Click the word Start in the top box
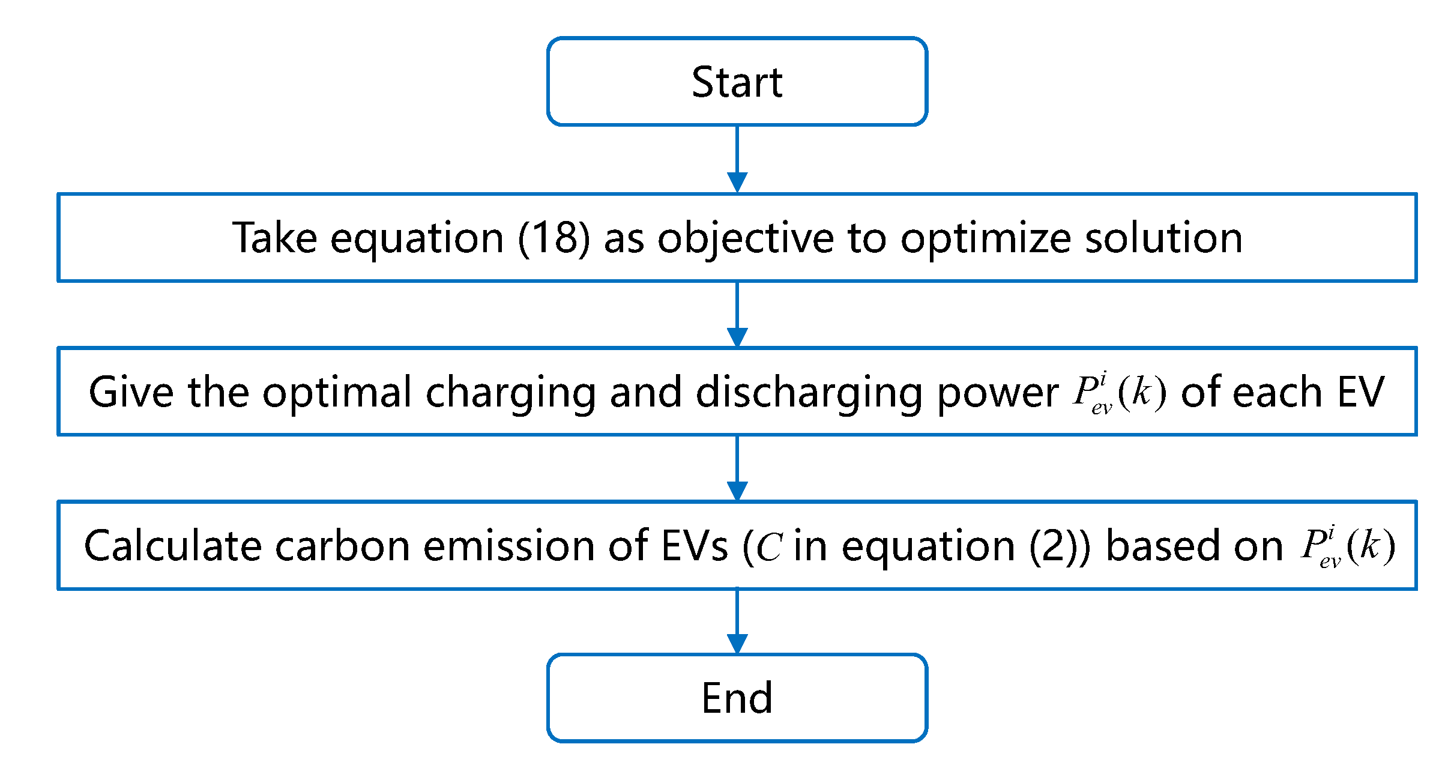(x=737, y=82)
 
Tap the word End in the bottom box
(x=737, y=698)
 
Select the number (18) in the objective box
(x=554, y=238)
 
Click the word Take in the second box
(x=274, y=238)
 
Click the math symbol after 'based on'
(x=1347, y=546)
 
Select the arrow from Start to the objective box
(x=737, y=160)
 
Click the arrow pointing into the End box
(x=737, y=622)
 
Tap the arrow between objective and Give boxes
(x=737, y=315)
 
